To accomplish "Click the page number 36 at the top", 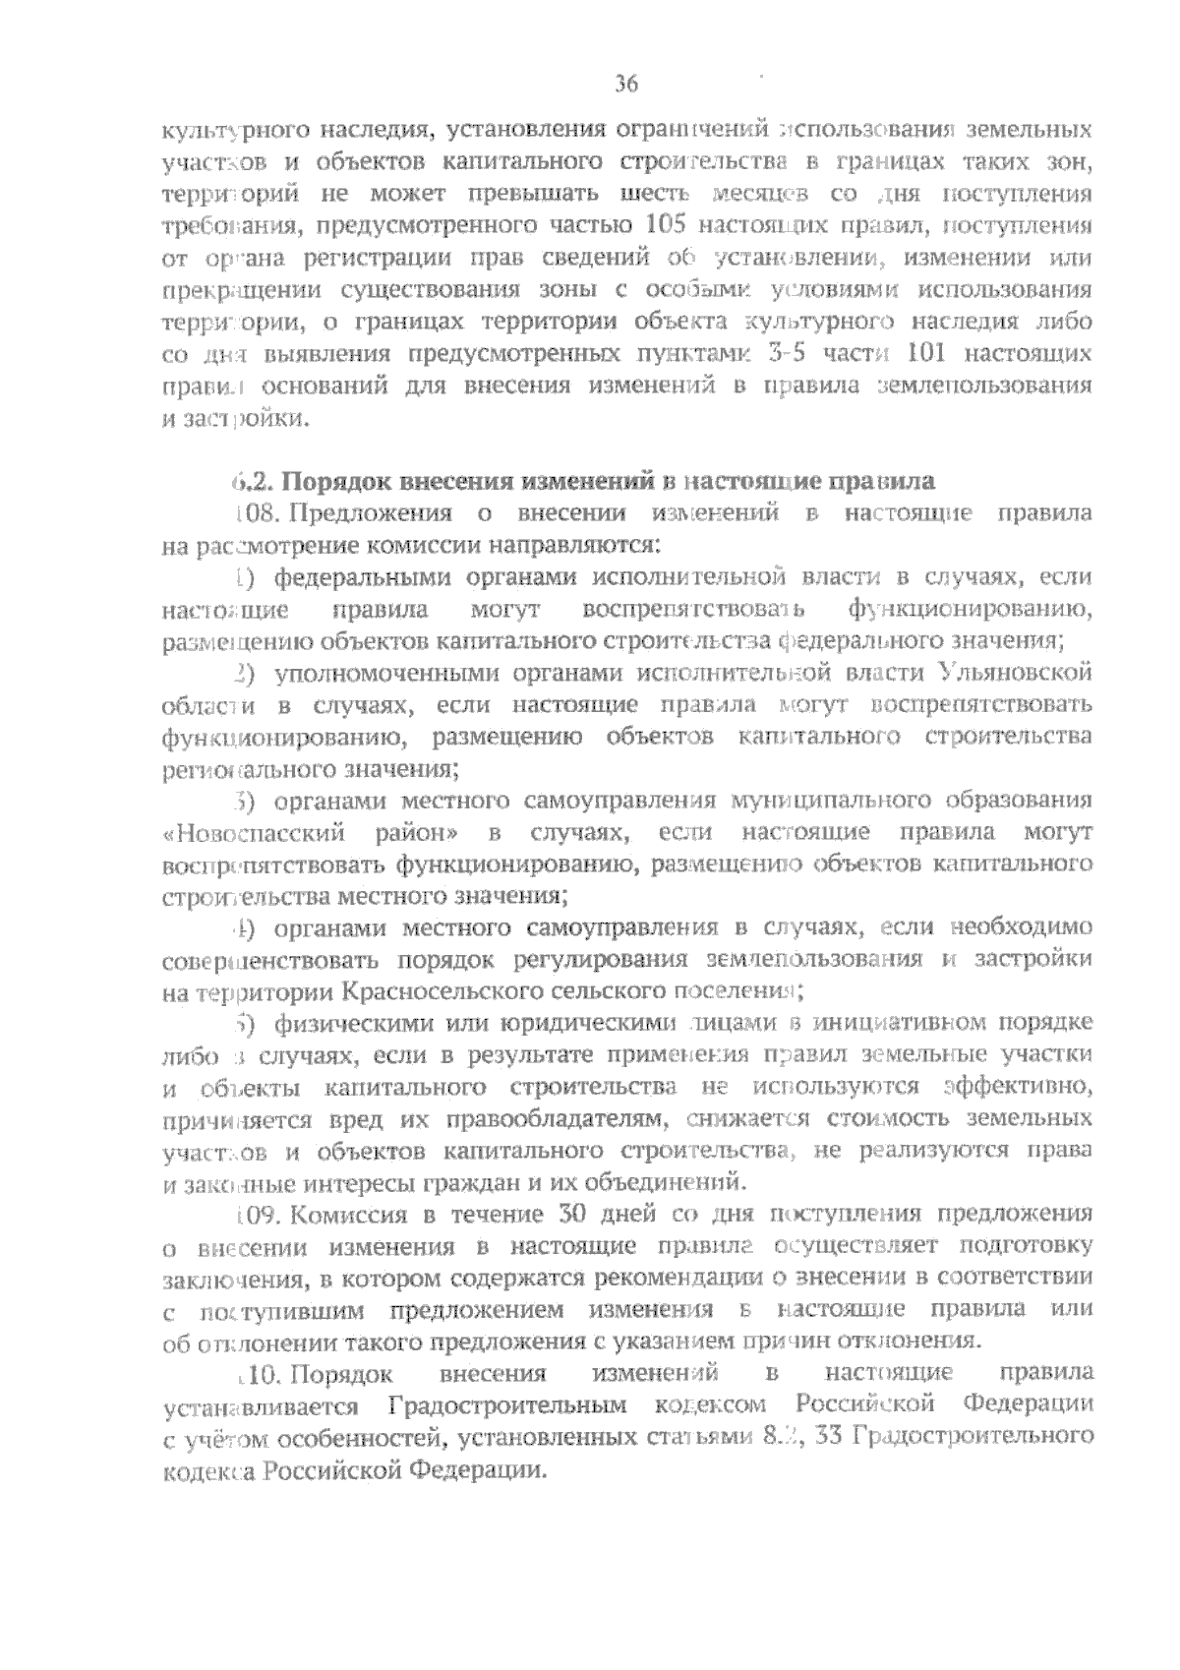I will pyautogui.click(x=626, y=85).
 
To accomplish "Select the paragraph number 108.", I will pyautogui.click(x=258, y=513).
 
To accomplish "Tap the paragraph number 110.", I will pyautogui.click(x=260, y=1372).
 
